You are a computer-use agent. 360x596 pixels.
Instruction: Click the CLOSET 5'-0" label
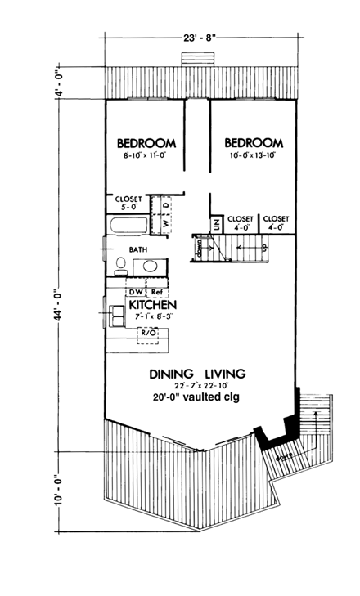pyautogui.click(x=129, y=203)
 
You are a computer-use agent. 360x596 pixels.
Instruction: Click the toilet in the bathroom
pyautogui.click(x=120, y=264)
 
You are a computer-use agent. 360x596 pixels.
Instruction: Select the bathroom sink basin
pyautogui.click(x=150, y=266)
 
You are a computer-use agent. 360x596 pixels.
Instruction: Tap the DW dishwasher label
pyautogui.click(x=134, y=291)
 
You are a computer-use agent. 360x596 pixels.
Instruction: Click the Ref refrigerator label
pyautogui.click(x=157, y=291)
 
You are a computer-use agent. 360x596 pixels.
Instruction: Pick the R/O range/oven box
pyautogui.click(x=148, y=334)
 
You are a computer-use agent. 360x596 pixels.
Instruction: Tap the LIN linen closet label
pyautogui.click(x=217, y=222)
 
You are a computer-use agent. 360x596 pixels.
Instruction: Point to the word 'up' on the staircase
pyautogui.click(x=264, y=246)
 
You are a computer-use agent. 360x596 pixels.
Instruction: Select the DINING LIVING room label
pyautogui.click(x=197, y=374)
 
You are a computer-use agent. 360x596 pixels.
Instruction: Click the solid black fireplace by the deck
pyautogui.click(x=281, y=428)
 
